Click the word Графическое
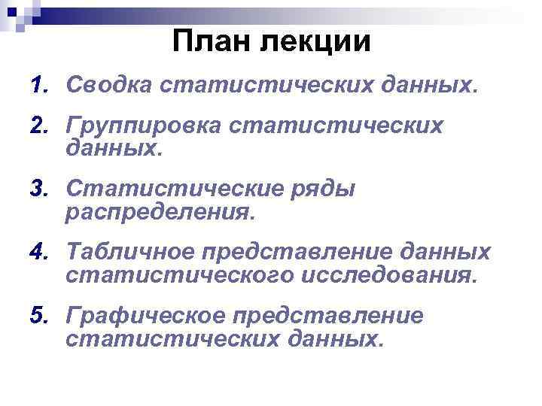click(142, 317)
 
